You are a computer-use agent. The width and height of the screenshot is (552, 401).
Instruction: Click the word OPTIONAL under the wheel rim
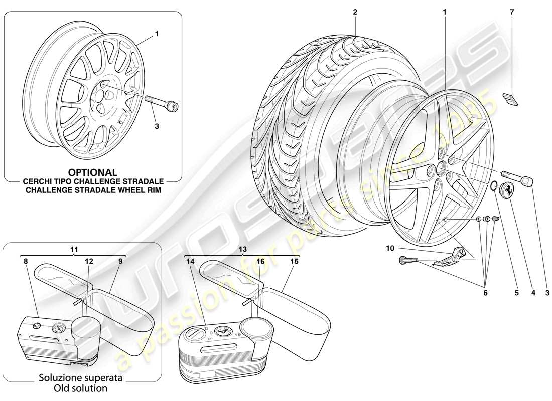[x=93, y=173]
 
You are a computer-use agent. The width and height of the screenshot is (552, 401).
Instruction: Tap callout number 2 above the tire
[x=355, y=11]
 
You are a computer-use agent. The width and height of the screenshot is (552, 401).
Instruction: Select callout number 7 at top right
[x=512, y=11]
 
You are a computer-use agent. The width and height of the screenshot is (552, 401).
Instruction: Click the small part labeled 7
[x=511, y=99]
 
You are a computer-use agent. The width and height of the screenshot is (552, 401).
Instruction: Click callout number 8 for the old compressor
[x=25, y=261]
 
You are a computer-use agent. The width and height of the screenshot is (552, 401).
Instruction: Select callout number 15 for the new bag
[x=295, y=261]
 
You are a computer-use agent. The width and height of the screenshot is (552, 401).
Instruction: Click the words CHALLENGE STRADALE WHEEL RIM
[x=93, y=190]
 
